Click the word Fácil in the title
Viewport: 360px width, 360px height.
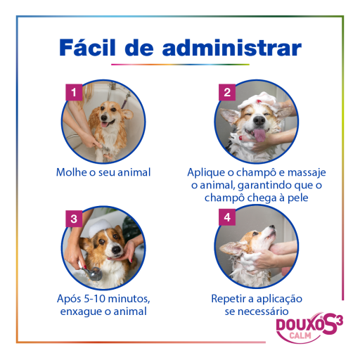point(87,48)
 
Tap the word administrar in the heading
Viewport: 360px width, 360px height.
point(232,48)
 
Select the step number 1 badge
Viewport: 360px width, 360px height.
point(74,92)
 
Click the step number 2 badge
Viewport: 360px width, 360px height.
point(227,92)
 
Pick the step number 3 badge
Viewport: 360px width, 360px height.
point(74,219)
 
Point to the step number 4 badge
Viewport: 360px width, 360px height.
point(227,217)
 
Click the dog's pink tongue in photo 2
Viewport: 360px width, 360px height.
point(259,135)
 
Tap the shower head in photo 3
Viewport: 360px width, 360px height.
point(94,274)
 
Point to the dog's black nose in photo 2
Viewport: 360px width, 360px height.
point(259,120)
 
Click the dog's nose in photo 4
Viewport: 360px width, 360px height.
point(272,226)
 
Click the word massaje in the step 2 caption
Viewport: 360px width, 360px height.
point(307,173)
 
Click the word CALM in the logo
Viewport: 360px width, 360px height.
point(300,335)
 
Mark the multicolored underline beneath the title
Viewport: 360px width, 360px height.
point(180,65)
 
